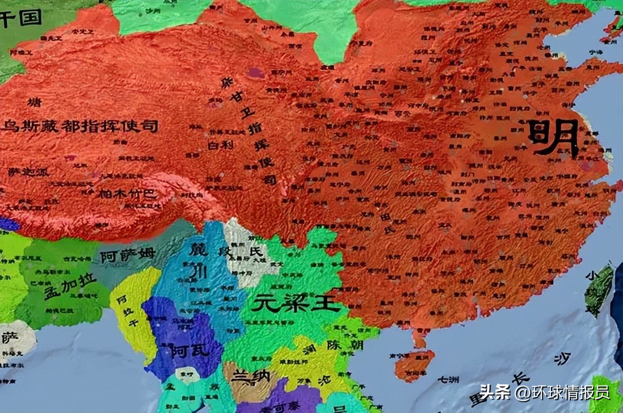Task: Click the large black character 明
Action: point(553,137)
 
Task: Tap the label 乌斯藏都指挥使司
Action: point(80,127)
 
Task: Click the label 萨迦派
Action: point(28,172)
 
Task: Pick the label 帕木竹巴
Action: point(121,194)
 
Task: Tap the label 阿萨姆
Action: point(128,255)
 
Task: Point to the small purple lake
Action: point(255,73)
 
